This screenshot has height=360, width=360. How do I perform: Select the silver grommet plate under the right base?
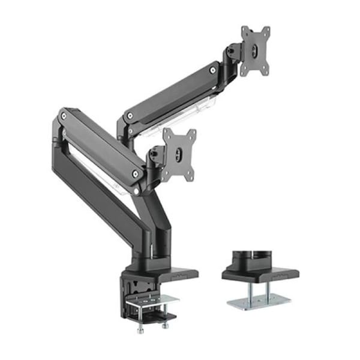(x=259, y=299)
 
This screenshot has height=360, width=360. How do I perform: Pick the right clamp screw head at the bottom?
(x=163, y=325)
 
